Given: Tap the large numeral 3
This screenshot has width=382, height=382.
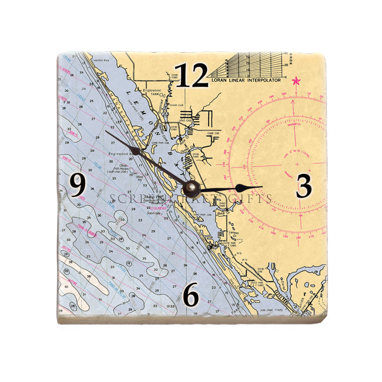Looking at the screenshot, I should click(303, 187).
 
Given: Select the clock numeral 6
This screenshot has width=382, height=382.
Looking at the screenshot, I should click(191, 296).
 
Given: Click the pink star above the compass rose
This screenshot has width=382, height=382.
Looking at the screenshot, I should click(296, 81).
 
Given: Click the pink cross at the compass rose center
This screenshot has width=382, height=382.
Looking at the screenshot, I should click(296, 163).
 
